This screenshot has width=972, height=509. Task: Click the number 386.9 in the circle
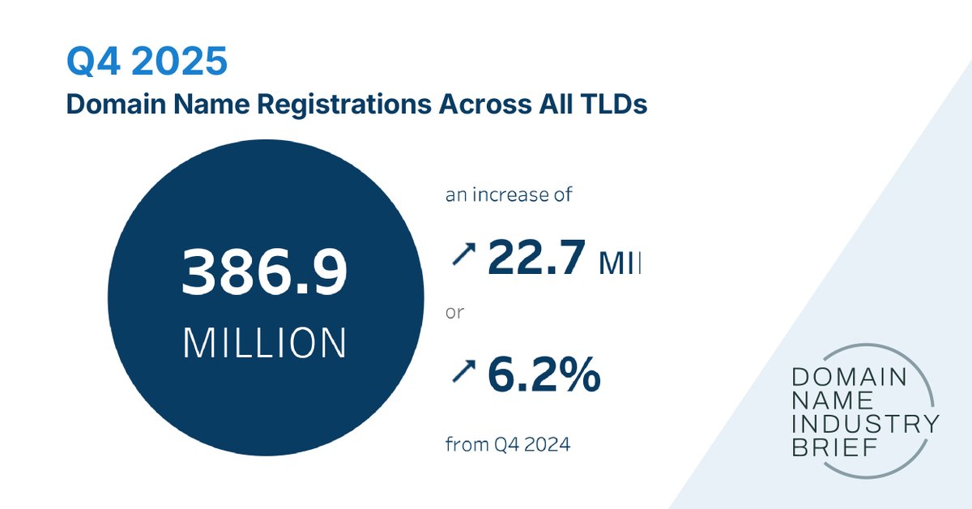[264, 273]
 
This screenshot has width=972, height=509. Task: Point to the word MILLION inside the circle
[265, 344]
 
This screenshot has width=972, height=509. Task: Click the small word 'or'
[454, 312]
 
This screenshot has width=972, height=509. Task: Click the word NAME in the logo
[822, 400]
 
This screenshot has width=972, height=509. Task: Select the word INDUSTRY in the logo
[865, 423]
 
